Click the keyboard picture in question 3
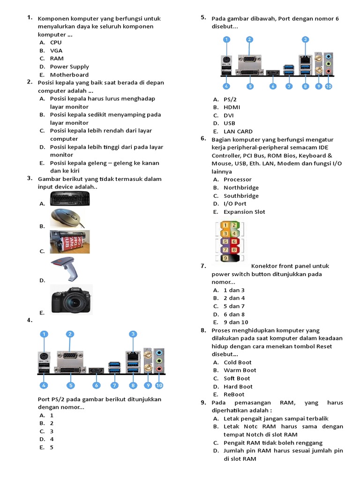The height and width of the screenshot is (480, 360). (70, 199)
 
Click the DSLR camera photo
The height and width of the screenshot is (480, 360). (71, 300)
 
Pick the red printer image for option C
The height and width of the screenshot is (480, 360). (70, 242)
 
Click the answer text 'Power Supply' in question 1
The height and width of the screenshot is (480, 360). (69, 67)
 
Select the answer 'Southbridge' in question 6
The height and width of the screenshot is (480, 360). (241, 196)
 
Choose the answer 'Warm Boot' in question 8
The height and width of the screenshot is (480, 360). (240, 370)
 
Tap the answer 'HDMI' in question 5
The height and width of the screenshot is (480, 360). (232, 107)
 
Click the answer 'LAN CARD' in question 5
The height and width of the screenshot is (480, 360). (238, 132)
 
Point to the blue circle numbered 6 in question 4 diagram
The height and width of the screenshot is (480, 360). (97, 385)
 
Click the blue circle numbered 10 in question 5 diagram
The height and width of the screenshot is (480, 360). (328, 86)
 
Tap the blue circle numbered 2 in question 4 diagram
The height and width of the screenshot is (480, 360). (70, 334)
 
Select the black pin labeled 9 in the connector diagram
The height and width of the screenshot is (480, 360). (226, 258)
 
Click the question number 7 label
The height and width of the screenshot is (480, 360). (203, 266)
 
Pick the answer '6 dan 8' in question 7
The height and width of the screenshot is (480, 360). (234, 315)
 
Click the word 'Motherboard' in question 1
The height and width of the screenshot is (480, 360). (69, 75)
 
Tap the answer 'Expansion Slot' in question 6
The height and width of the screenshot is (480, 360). (244, 212)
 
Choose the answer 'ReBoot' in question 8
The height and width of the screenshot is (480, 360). (234, 395)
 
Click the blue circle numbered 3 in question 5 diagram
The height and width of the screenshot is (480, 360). (305, 40)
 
